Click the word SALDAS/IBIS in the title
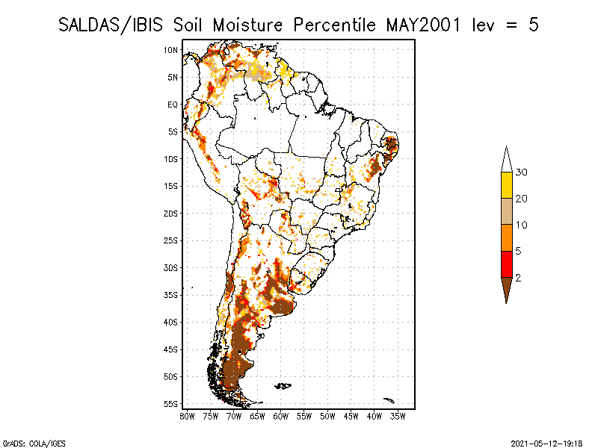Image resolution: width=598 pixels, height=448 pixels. (x=111, y=25)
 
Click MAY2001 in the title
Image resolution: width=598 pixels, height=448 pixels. (x=423, y=25)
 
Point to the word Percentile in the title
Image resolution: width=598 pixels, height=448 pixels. (x=335, y=25)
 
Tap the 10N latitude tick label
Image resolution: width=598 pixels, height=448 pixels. (x=171, y=50)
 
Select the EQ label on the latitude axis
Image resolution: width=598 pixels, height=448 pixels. (x=173, y=105)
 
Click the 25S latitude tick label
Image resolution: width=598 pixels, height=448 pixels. (x=171, y=240)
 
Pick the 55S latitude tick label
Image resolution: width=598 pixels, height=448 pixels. (x=171, y=404)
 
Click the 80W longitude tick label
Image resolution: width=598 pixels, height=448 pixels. (x=187, y=417)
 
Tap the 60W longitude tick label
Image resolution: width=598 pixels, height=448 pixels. (x=281, y=417)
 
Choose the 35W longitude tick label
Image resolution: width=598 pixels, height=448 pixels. (x=398, y=417)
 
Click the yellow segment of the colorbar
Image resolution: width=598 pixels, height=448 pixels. (x=507, y=185)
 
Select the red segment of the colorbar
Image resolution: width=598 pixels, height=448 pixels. (x=507, y=264)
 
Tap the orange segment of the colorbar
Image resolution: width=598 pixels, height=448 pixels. (x=507, y=237)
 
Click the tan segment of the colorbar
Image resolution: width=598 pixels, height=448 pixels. (x=507, y=211)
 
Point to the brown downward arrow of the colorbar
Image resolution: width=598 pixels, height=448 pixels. (x=507, y=287)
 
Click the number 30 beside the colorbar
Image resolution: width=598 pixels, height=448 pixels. (x=521, y=172)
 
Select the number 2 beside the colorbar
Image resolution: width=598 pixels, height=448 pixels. (x=518, y=278)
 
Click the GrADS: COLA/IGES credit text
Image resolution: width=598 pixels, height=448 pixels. (x=34, y=444)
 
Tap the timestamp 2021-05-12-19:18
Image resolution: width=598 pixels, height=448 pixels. (x=546, y=444)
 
